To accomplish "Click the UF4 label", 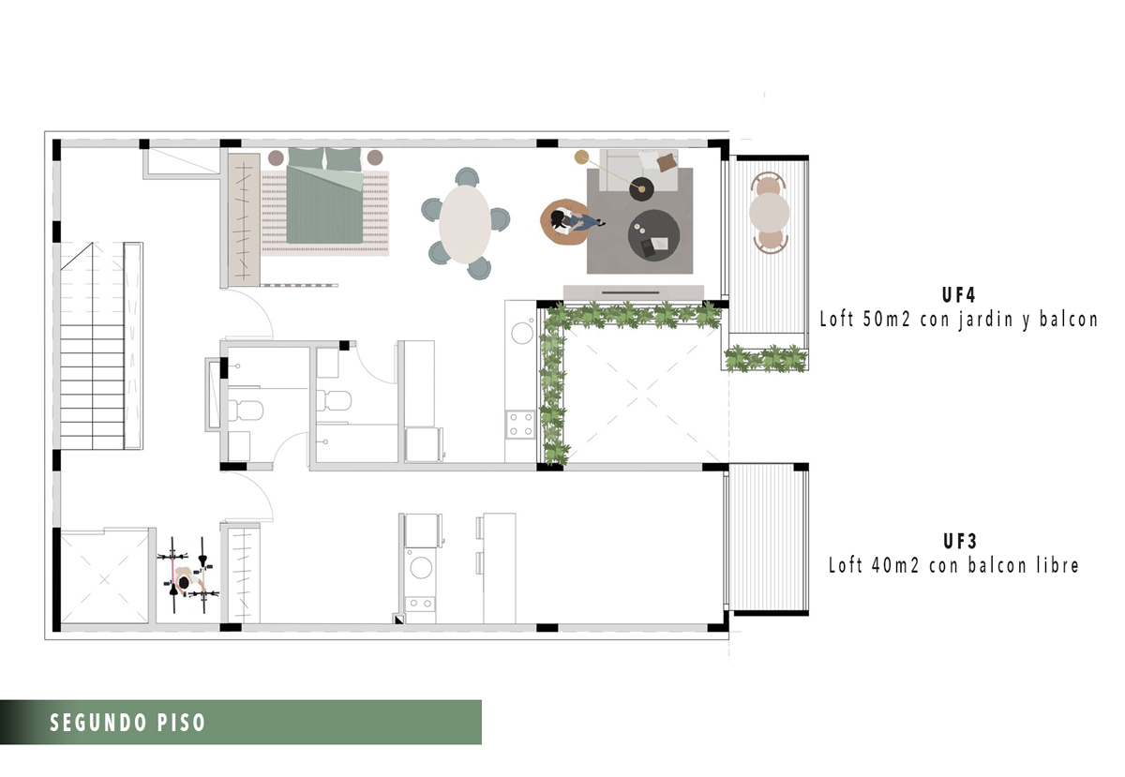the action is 958,295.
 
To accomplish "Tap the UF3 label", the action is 960,542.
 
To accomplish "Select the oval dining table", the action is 465,224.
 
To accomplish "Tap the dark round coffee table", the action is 653,235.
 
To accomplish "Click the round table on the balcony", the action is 769,213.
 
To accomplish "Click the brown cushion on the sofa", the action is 666,162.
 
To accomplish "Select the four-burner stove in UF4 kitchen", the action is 520,424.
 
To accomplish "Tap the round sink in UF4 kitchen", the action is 522,333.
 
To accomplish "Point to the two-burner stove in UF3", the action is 420,604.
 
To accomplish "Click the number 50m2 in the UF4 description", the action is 887,320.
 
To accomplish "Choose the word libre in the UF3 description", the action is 1057,565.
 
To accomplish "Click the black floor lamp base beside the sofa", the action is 642,188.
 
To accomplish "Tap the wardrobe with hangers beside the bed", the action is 244,219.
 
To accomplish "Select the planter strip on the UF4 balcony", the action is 766,358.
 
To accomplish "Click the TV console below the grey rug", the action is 634,292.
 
